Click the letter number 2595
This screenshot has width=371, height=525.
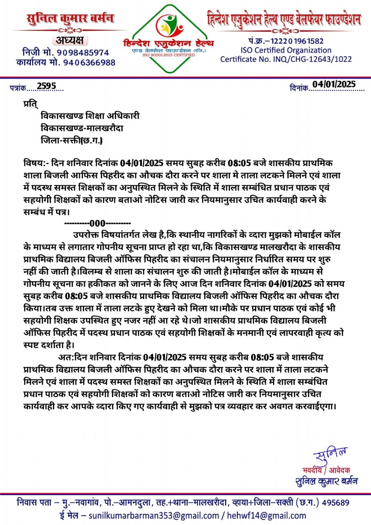click(x=46, y=86)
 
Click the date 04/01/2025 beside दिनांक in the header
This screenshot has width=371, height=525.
click(x=335, y=84)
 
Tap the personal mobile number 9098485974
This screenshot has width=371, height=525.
click(x=83, y=52)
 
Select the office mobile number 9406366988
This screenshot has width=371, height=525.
click(x=89, y=62)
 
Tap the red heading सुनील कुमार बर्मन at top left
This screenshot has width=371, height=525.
click(x=71, y=19)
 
